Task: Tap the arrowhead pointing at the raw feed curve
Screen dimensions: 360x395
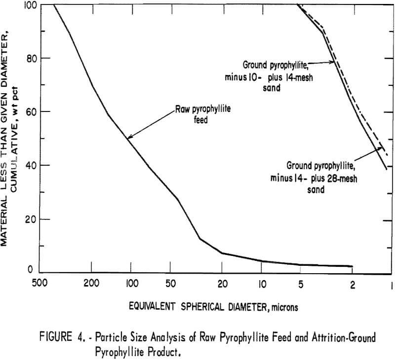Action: (x=128, y=139)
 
